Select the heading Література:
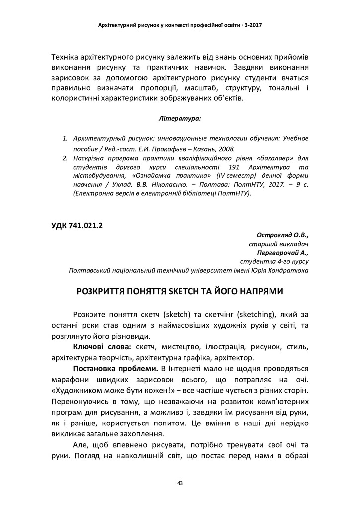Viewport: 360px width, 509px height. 180,119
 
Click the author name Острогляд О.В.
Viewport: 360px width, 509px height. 283,235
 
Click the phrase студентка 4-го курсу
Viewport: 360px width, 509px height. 274,261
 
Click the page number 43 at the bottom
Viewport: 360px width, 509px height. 180,483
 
